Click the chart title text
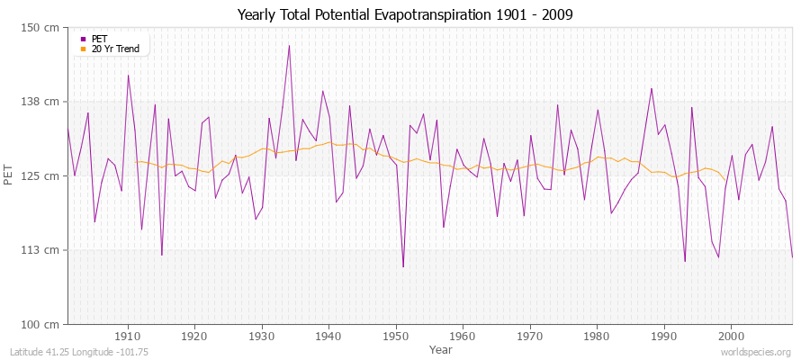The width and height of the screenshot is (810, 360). coord(404,15)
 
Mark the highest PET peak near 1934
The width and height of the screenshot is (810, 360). coord(289,45)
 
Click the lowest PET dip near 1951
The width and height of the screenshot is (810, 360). coord(403,266)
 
